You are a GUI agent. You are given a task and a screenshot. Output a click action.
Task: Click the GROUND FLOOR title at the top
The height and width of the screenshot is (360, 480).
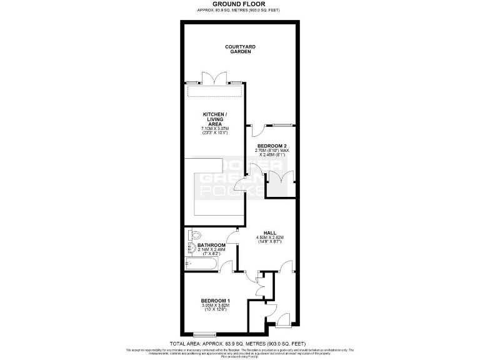239,4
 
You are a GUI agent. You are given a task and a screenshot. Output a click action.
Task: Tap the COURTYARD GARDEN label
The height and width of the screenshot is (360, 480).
239,49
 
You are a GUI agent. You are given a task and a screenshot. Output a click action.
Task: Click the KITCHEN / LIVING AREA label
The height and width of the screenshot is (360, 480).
211,119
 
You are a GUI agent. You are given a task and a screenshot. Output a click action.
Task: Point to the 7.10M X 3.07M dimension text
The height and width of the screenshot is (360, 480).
211,129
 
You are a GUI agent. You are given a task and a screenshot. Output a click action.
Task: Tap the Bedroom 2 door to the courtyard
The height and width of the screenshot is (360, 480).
257,130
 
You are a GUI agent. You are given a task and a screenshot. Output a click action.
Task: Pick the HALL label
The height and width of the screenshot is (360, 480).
270,232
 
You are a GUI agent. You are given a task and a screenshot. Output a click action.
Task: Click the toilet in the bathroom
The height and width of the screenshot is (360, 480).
194,236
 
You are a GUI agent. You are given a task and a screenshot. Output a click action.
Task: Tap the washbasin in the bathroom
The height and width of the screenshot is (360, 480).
190,251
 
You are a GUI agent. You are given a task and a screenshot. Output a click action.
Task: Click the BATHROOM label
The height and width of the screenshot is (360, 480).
211,245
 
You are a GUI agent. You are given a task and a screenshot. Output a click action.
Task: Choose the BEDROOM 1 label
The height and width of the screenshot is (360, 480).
215,301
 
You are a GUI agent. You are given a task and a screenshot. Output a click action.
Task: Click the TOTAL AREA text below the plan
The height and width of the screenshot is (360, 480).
239,344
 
